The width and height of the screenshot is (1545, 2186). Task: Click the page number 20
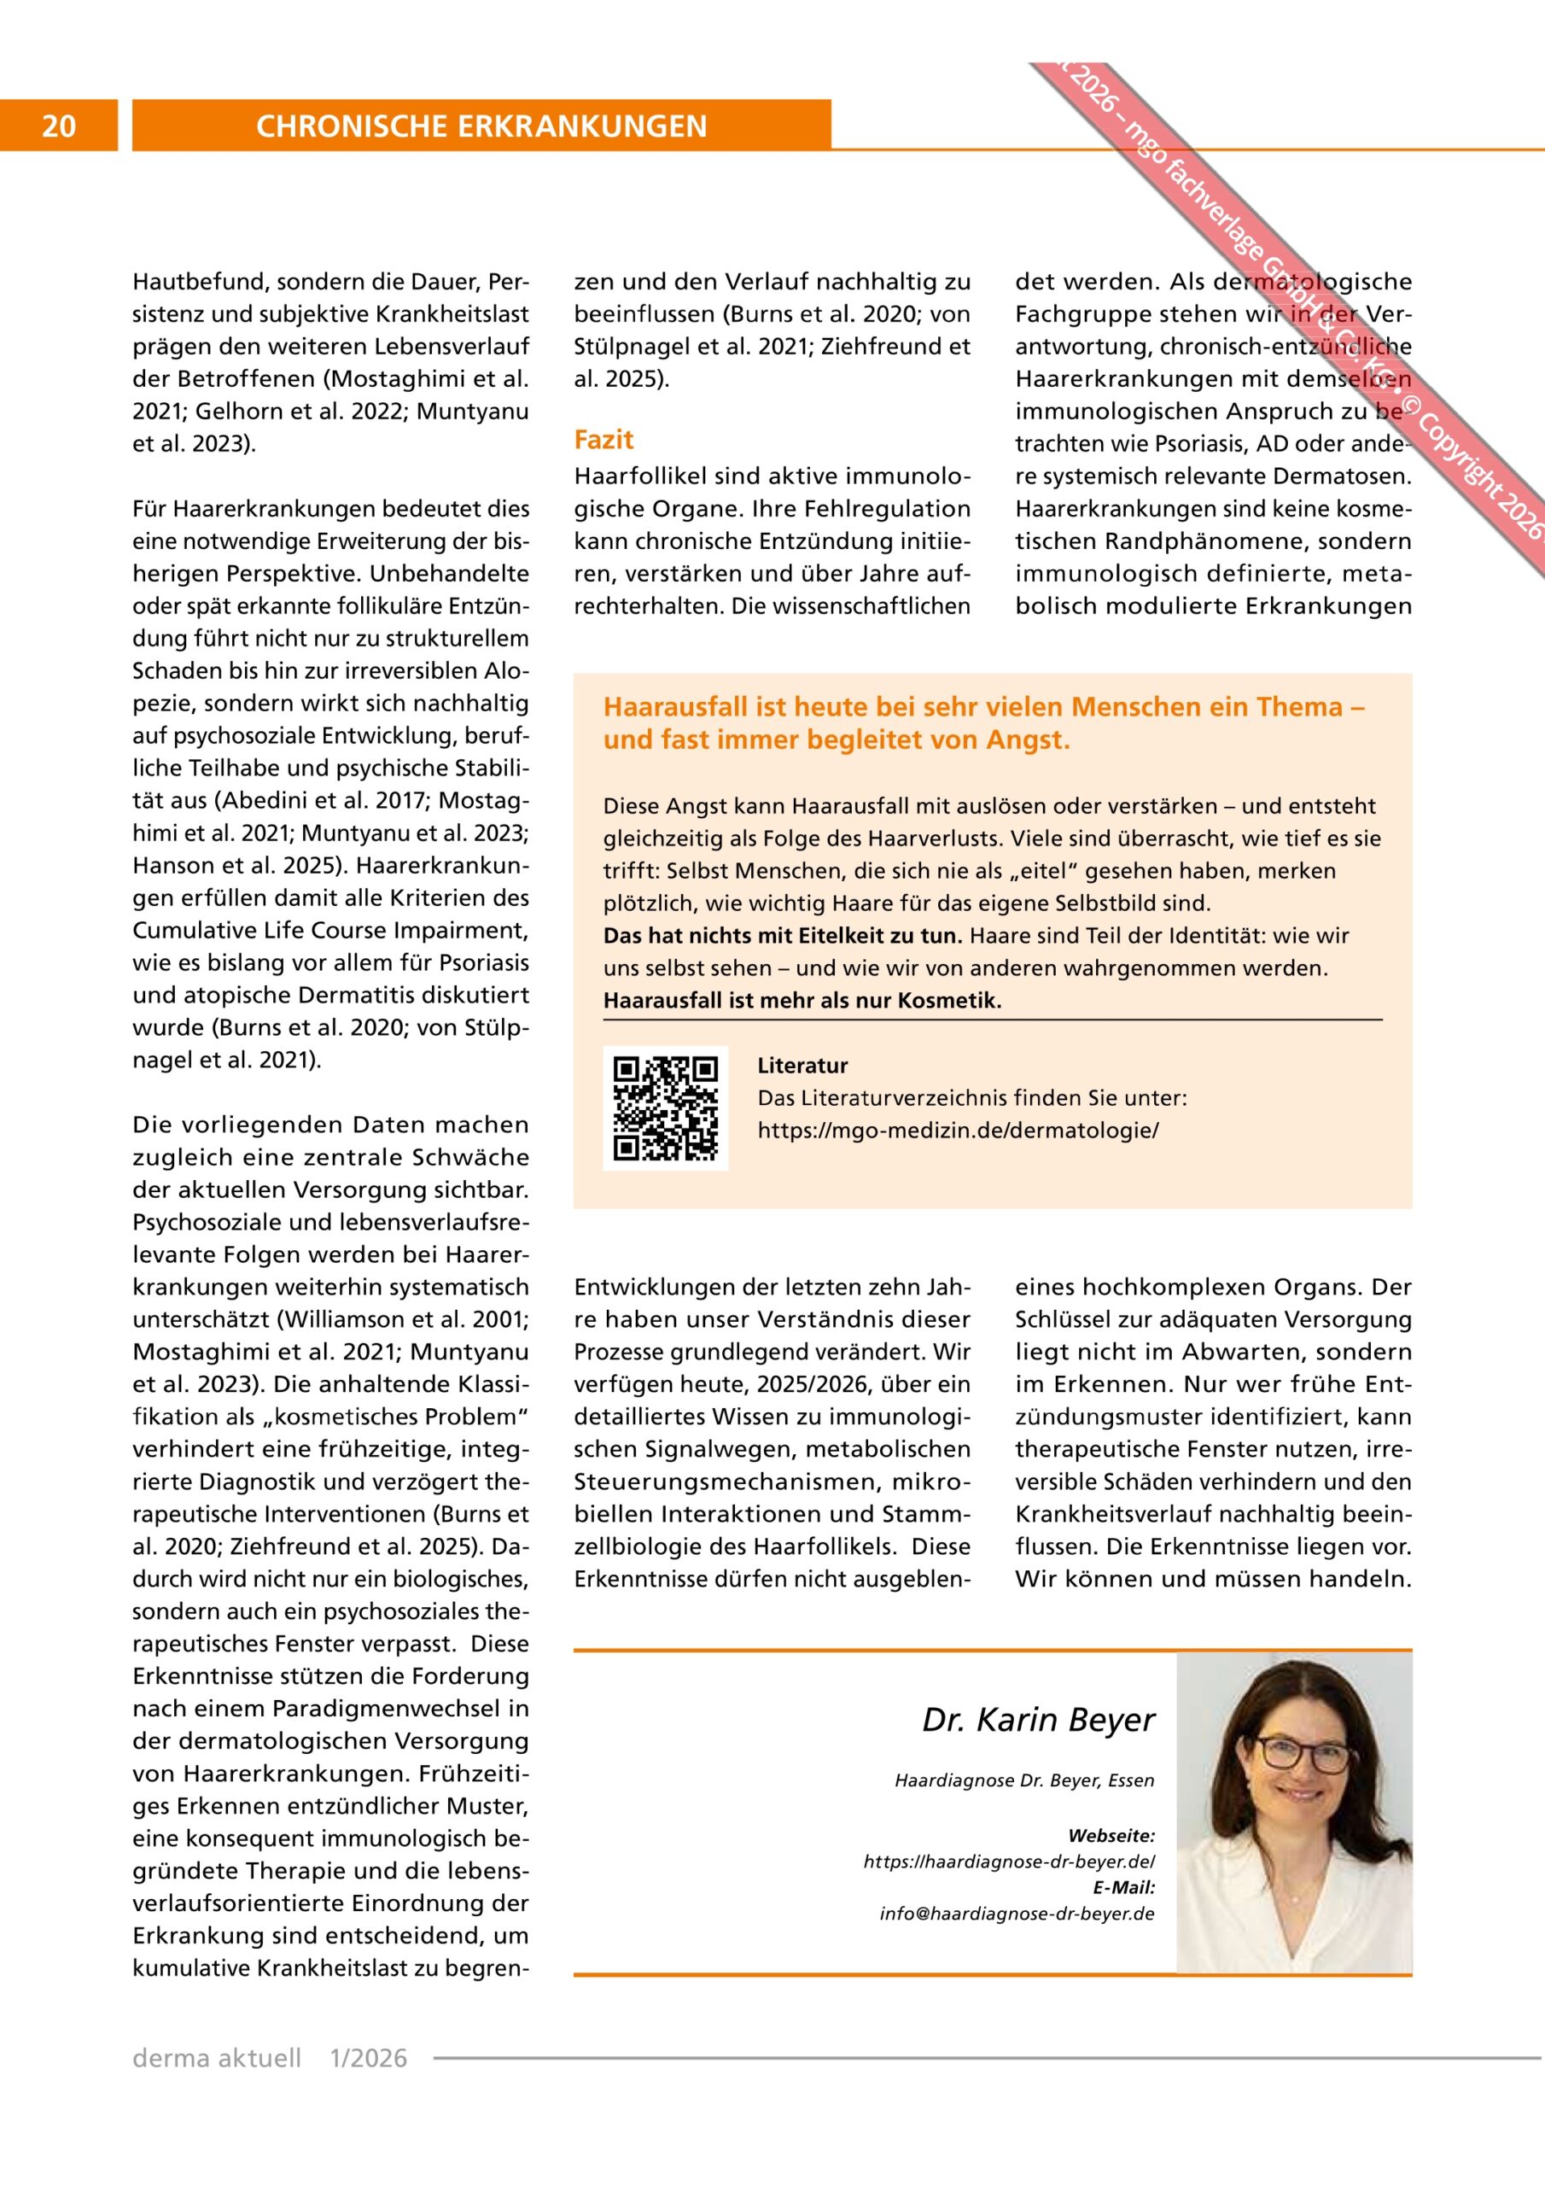[x=59, y=126]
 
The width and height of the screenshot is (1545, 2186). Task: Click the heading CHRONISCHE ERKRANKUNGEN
[x=481, y=126]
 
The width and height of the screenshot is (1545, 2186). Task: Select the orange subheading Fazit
[x=603, y=440]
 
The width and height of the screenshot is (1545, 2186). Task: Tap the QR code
[x=666, y=1108]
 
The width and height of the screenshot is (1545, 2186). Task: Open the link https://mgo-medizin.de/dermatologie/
[x=958, y=1131]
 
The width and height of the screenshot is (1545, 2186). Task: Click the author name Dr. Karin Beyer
[x=1038, y=1721]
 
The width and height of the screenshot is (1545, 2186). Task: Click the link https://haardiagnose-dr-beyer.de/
[x=1009, y=1862]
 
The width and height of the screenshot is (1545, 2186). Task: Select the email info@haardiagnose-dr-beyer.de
[x=1017, y=1914]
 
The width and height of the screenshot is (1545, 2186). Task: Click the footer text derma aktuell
[x=217, y=2059]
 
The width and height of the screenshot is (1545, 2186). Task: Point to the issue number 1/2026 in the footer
[x=366, y=2059]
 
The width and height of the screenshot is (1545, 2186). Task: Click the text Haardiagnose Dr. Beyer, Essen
[x=1024, y=1780]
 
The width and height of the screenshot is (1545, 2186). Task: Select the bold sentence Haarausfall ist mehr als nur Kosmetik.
[x=802, y=1002]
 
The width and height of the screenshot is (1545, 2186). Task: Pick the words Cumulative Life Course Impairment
[x=329, y=930]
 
